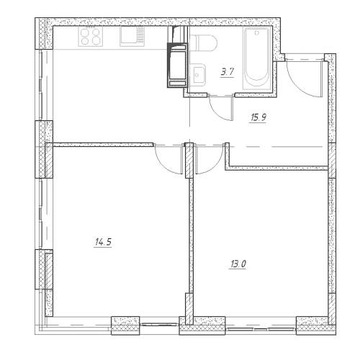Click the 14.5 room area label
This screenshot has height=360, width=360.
(103, 242)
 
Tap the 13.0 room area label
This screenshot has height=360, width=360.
(238, 264)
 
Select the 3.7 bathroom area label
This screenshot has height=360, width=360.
(228, 72)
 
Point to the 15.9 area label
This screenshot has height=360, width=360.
(258, 117)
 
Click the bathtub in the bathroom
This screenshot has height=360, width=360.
(257, 58)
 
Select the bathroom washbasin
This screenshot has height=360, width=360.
(199, 74)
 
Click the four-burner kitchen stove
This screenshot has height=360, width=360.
(91, 36)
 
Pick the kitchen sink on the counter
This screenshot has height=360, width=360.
(132, 36)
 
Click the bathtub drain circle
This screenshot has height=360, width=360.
(257, 32)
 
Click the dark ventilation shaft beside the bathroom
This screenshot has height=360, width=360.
(178, 65)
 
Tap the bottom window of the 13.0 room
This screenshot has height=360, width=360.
(261, 329)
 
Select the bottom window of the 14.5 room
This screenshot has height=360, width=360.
(160, 325)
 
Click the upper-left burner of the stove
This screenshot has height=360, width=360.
(85, 32)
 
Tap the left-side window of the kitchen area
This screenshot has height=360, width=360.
(41, 84)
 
